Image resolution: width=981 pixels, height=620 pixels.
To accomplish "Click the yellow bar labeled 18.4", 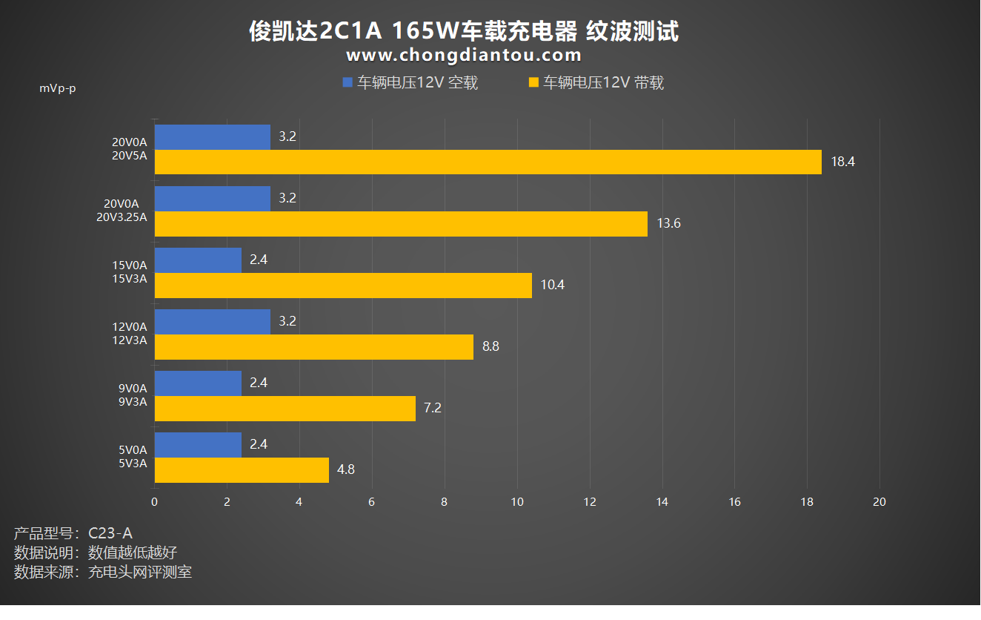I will pos(488,162).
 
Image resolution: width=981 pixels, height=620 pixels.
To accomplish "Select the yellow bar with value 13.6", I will pos(401,223).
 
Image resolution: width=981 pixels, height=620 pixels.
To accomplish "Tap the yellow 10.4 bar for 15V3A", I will pos(343,285).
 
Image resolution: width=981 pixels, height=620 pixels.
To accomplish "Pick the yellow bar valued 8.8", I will pos(313,346).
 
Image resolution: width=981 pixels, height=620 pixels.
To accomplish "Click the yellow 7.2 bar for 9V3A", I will pos(285,408).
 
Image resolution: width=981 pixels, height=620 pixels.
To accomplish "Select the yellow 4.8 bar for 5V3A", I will pos(242,469).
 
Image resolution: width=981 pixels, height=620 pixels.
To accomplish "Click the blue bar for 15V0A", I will pos(198,260).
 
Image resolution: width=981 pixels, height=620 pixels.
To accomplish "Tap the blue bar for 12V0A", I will pos(213,321).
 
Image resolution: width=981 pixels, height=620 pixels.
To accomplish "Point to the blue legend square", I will pos(347,83).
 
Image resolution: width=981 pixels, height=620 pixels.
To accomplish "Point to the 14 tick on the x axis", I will pos(662,502).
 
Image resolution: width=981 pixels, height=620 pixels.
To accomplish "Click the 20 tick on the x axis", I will pos(879,502).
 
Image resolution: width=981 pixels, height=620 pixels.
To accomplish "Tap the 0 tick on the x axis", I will pos(154,502).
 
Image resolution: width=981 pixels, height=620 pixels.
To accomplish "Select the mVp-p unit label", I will pos(58,88).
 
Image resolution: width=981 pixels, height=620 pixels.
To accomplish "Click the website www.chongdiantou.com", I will pos(464,56).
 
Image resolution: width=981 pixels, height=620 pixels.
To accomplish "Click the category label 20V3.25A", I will pos(122,217).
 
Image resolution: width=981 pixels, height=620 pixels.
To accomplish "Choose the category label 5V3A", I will pos(133,464).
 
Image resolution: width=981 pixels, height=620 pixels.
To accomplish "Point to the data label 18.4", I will pos(842,162).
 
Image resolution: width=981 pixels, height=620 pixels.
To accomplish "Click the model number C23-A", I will pos(110,532).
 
